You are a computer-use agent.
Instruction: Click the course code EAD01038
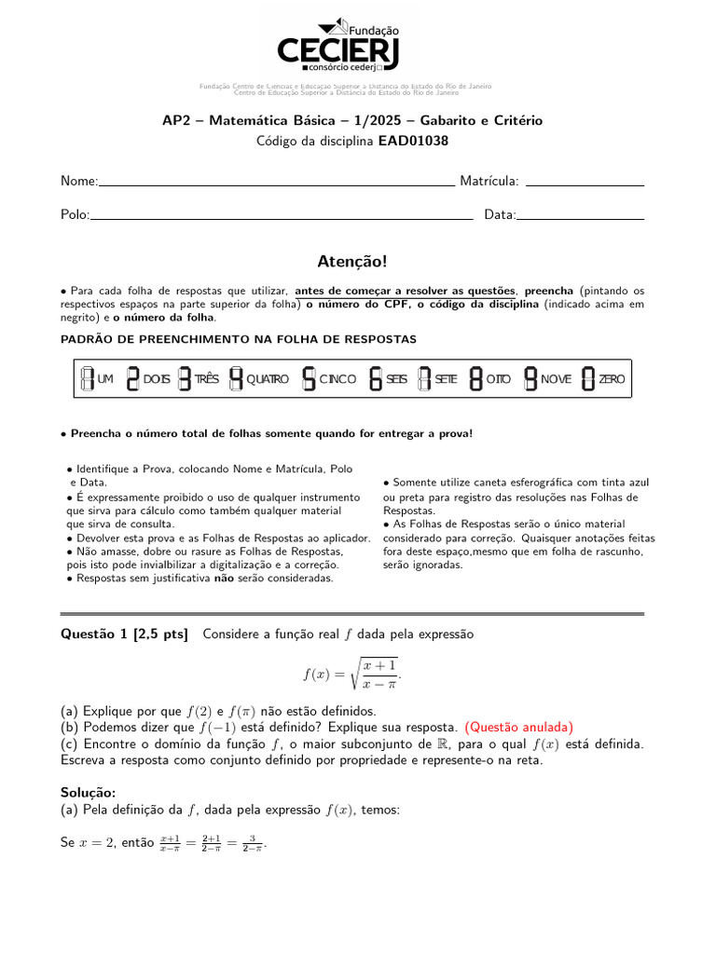click(413, 142)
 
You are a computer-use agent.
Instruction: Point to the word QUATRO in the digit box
click(268, 379)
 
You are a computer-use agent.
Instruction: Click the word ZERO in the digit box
click(612, 379)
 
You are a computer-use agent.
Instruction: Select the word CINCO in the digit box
click(337, 379)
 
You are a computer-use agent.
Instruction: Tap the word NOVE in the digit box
click(556, 379)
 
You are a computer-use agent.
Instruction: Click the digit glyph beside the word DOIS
click(132, 378)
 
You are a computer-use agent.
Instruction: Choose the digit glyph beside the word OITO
click(475, 378)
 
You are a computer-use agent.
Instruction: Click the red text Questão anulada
click(518, 727)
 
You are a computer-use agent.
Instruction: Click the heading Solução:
click(88, 792)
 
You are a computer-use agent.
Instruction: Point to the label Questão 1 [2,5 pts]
click(124, 634)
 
